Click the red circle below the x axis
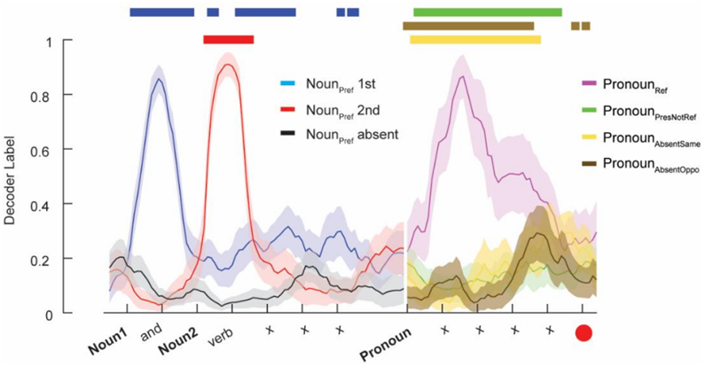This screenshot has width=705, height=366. (584, 333)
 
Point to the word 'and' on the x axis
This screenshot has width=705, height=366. (152, 328)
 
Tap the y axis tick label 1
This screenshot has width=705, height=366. (48, 41)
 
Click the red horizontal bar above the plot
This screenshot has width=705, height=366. (229, 39)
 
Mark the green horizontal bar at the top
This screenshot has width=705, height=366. (487, 12)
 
